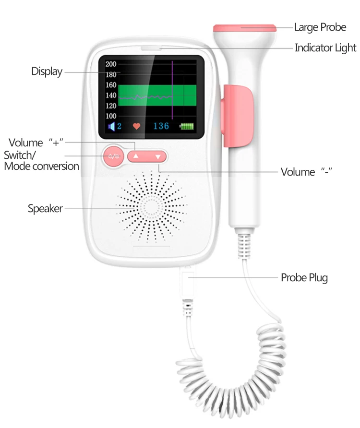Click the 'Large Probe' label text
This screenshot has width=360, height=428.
320,27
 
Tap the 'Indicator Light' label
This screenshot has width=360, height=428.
325,48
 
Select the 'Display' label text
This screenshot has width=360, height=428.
47,71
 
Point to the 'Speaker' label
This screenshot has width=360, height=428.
45,209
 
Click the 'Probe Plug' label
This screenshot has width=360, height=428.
304,277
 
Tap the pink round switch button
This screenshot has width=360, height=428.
114,156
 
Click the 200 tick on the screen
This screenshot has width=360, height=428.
111,64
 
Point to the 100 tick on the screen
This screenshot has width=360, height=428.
111,116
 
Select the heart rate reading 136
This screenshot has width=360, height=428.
161,126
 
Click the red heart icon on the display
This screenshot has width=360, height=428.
137,127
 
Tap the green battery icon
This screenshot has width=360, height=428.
188,127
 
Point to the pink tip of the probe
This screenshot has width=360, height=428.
245,28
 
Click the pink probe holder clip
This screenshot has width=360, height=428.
238,114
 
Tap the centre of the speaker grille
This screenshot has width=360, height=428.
151,207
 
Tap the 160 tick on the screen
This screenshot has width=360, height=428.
111,85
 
